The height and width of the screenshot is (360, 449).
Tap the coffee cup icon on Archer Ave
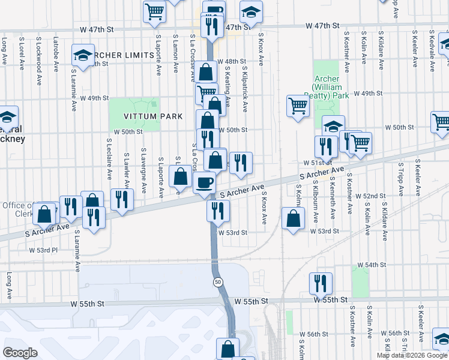205,183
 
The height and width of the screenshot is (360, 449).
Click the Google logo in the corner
20,352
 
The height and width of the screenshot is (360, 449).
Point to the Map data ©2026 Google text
412,355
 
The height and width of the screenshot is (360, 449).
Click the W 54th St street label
371,265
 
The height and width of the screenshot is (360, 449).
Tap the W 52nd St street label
370,196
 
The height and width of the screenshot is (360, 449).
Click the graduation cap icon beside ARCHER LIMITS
82,55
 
